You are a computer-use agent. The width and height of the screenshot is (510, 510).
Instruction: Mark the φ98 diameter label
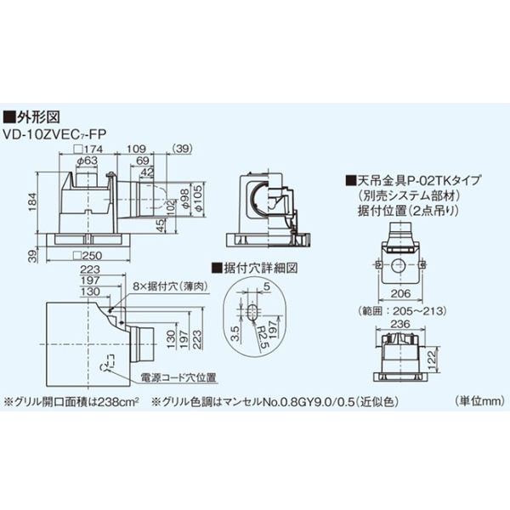187,192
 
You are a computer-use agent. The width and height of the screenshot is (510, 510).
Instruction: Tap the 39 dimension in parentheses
183,150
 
